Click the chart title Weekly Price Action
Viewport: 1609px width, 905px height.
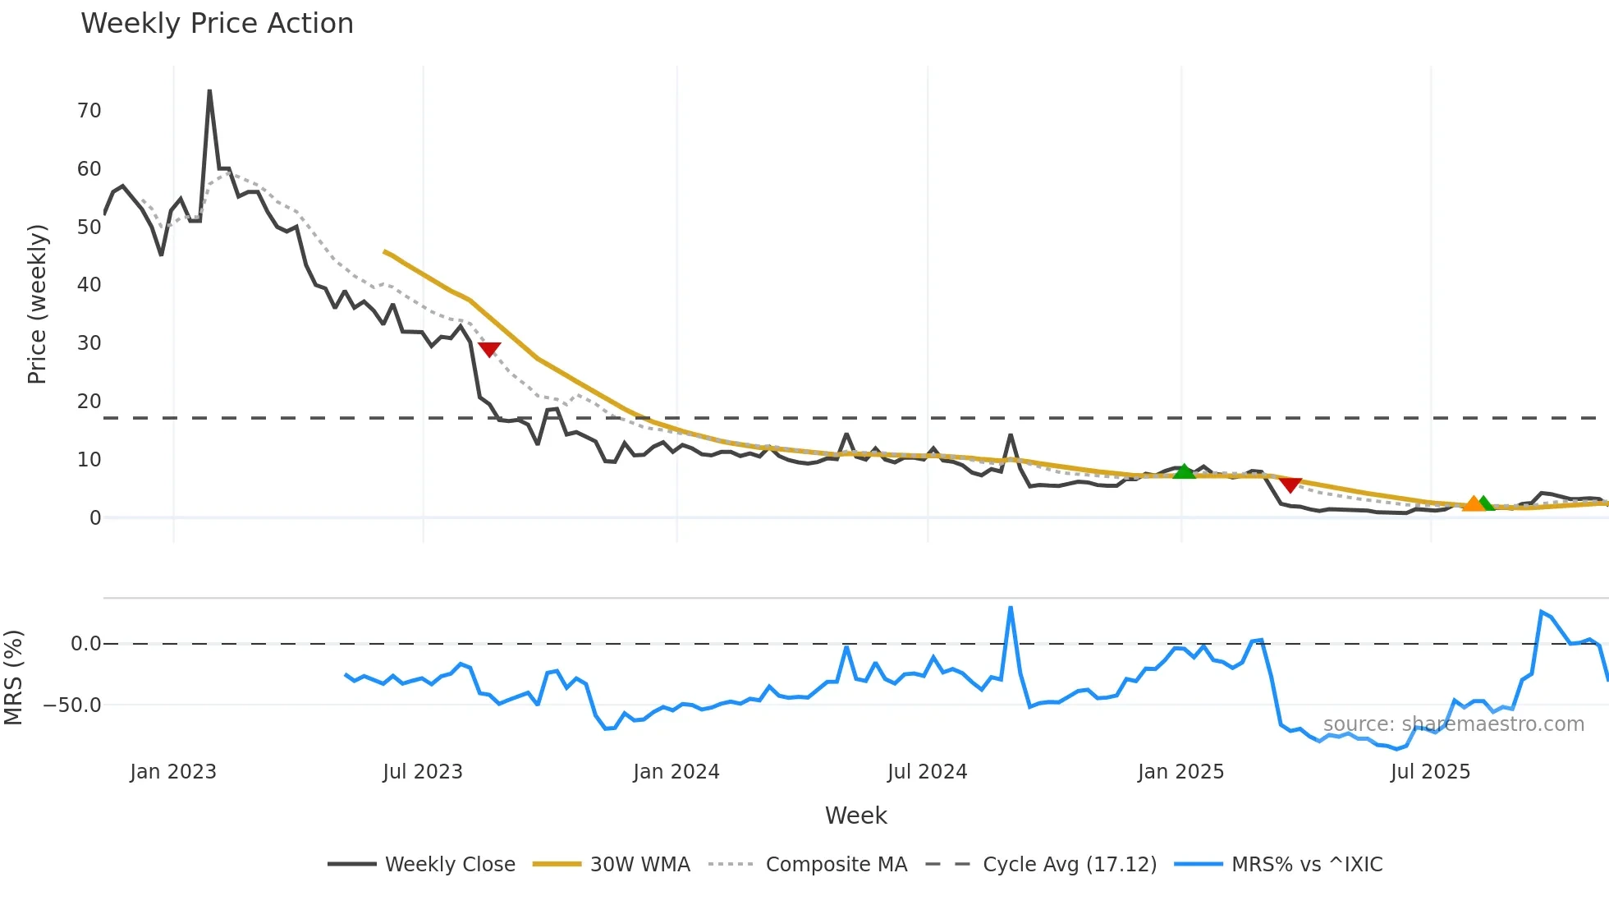217,24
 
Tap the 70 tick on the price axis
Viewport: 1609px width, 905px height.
89,111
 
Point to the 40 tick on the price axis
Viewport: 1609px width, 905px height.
89,285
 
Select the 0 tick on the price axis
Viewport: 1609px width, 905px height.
95,518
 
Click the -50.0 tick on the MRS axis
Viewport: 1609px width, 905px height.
72,705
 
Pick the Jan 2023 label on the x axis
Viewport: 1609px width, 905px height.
173,772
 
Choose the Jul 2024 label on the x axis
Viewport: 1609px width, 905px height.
927,772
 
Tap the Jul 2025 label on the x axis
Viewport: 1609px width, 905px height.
1430,772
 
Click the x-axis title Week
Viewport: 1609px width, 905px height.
855,815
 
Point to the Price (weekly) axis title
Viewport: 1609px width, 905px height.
37,304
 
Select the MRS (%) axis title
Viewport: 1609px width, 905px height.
13,678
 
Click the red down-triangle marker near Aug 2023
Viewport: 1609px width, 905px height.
489,350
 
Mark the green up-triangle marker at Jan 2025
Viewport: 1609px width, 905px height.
1184,471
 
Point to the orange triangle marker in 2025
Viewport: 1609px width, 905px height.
1474,503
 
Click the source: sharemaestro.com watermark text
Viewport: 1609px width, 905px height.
1453,724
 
